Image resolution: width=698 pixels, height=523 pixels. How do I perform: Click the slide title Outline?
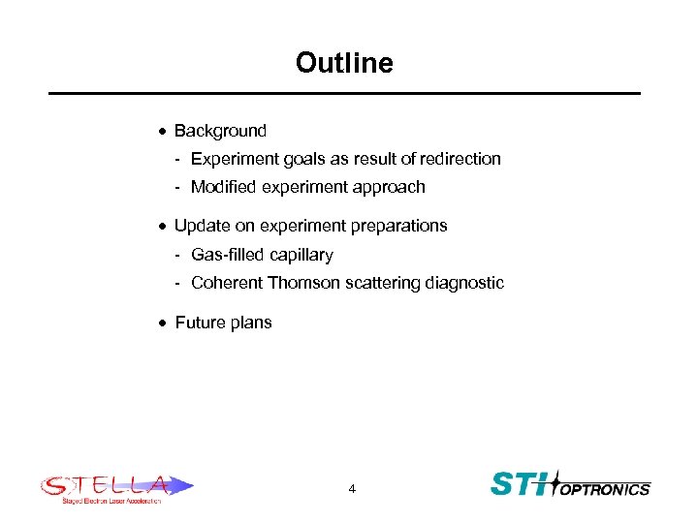[x=344, y=64]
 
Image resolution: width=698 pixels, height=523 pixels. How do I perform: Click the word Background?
[x=220, y=131]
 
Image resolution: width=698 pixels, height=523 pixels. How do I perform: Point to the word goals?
[x=300, y=159]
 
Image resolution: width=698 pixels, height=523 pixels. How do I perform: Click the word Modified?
[x=223, y=187]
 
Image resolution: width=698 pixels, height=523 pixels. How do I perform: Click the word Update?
[x=201, y=226]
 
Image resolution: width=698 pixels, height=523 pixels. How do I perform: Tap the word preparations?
[x=398, y=226]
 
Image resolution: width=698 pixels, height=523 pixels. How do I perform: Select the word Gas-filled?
[x=228, y=255]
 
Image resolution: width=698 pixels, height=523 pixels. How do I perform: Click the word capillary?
[x=301, y=255]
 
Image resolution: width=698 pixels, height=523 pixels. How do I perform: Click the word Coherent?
[x=227, y=283]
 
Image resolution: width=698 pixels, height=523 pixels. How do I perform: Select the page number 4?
[x=352, y=489]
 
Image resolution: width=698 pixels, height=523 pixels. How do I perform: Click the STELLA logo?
[x=115, y=486]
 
